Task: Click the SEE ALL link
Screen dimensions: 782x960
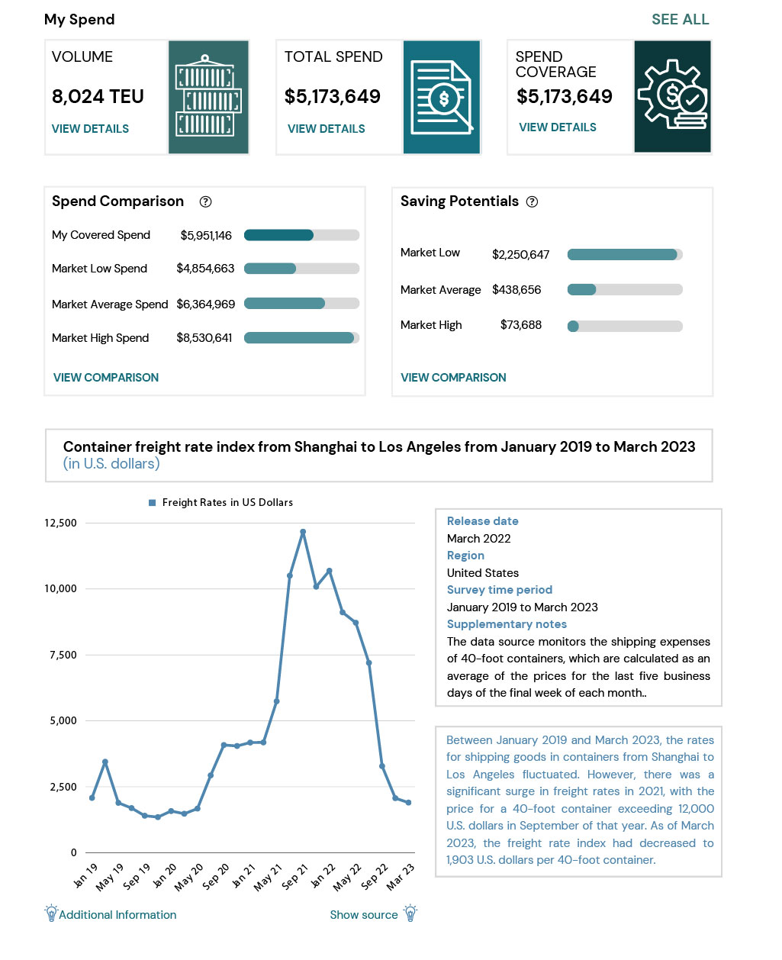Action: tap(680, 19)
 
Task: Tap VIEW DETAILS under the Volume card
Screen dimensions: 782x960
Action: tap(90, 129)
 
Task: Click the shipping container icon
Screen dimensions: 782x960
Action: tap(208, 96)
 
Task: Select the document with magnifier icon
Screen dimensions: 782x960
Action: tap(442, 98)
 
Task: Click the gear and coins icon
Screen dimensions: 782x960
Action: tap(672, 95)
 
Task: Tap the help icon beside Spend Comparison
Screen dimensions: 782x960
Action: tap(205, 201)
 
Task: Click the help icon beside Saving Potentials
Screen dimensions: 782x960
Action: tap(532, 201)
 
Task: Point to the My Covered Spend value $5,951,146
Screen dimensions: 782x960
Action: tap(206, 235)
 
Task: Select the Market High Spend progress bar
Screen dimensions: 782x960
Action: tap(301, 337)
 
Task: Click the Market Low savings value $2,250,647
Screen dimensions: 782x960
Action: tap(520, 255)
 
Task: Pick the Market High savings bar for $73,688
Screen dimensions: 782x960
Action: tap(625, 326)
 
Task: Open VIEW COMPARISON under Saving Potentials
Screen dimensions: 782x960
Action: tap(453, 377)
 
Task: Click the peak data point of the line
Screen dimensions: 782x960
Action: tap(303, 532)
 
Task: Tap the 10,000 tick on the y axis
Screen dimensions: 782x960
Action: tap(60, 588)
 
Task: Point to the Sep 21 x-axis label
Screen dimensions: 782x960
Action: tap(294, 877)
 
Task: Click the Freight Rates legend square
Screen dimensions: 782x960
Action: tap(153, 503)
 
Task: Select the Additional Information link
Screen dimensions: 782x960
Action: tap(117, 914)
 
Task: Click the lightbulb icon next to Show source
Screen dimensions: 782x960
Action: tap(410, 913)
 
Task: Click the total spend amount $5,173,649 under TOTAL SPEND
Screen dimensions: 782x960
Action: tap(332, 96)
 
